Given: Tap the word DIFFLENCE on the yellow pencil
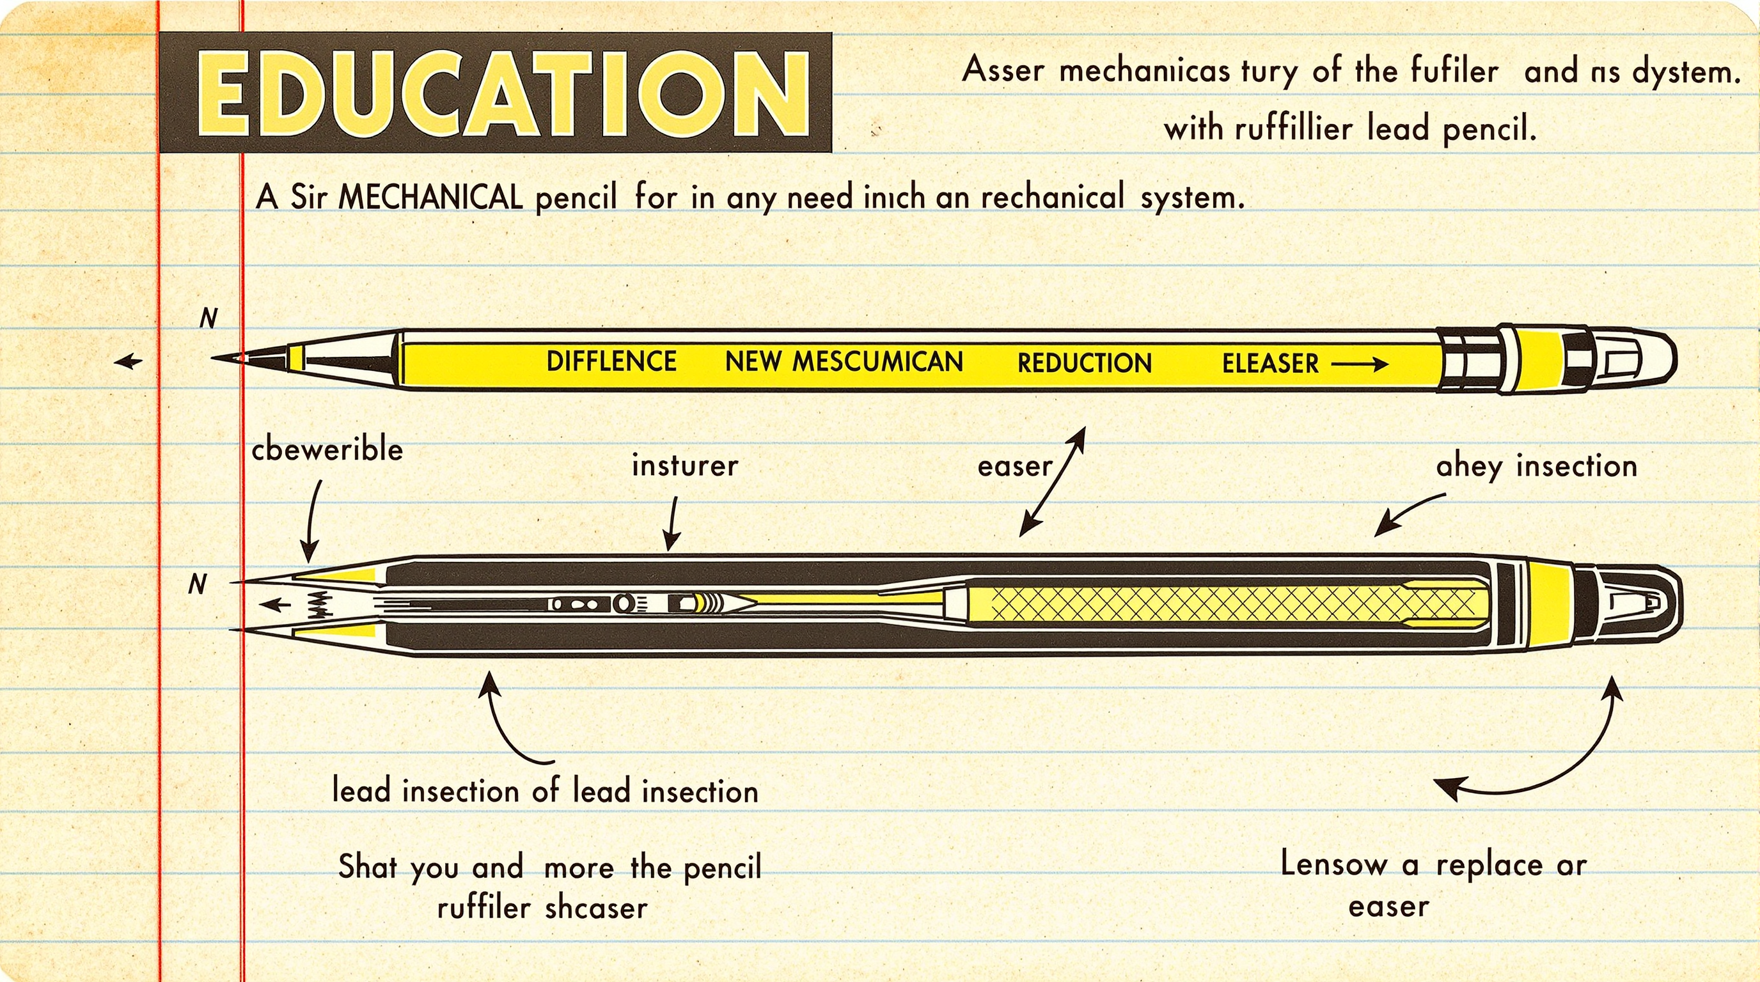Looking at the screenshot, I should pos(611,361).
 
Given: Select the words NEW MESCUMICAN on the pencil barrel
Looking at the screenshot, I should pos(844,361).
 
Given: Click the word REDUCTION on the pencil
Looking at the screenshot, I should pos(1084,362).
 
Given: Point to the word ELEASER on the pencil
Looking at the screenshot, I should pos(1270,363).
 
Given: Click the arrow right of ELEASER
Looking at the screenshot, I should pos(1359,363).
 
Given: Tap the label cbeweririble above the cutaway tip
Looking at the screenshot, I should pos(327,449).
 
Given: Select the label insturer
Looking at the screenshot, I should pos(684,465).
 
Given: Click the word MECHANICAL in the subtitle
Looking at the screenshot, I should pos(430,198).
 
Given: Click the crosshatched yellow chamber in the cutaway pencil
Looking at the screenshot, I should pos(1230,604).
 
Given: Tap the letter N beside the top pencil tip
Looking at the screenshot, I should pos(208,318).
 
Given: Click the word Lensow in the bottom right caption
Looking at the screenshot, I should pos(1333,864).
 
